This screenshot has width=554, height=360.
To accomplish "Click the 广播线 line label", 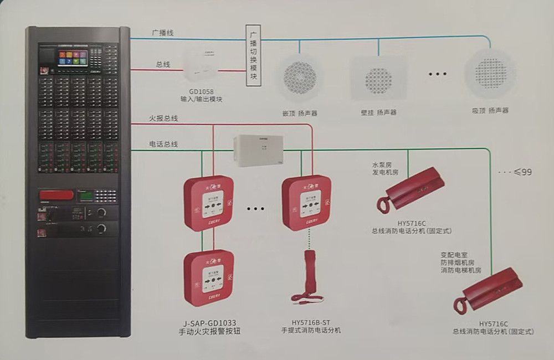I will point(163,33).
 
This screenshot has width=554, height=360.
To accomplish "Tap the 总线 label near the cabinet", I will point(163,64).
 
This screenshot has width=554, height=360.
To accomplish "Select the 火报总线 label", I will point(163,118).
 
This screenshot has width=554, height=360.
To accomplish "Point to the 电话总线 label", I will point(163,144).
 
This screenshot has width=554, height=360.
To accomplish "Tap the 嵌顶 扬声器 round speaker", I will point(300,78).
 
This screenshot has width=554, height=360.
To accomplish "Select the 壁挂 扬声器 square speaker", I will point(379,78).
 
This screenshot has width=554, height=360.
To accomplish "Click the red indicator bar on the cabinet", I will point(56,194).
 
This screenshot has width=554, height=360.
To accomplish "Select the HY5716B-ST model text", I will point(310,322).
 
